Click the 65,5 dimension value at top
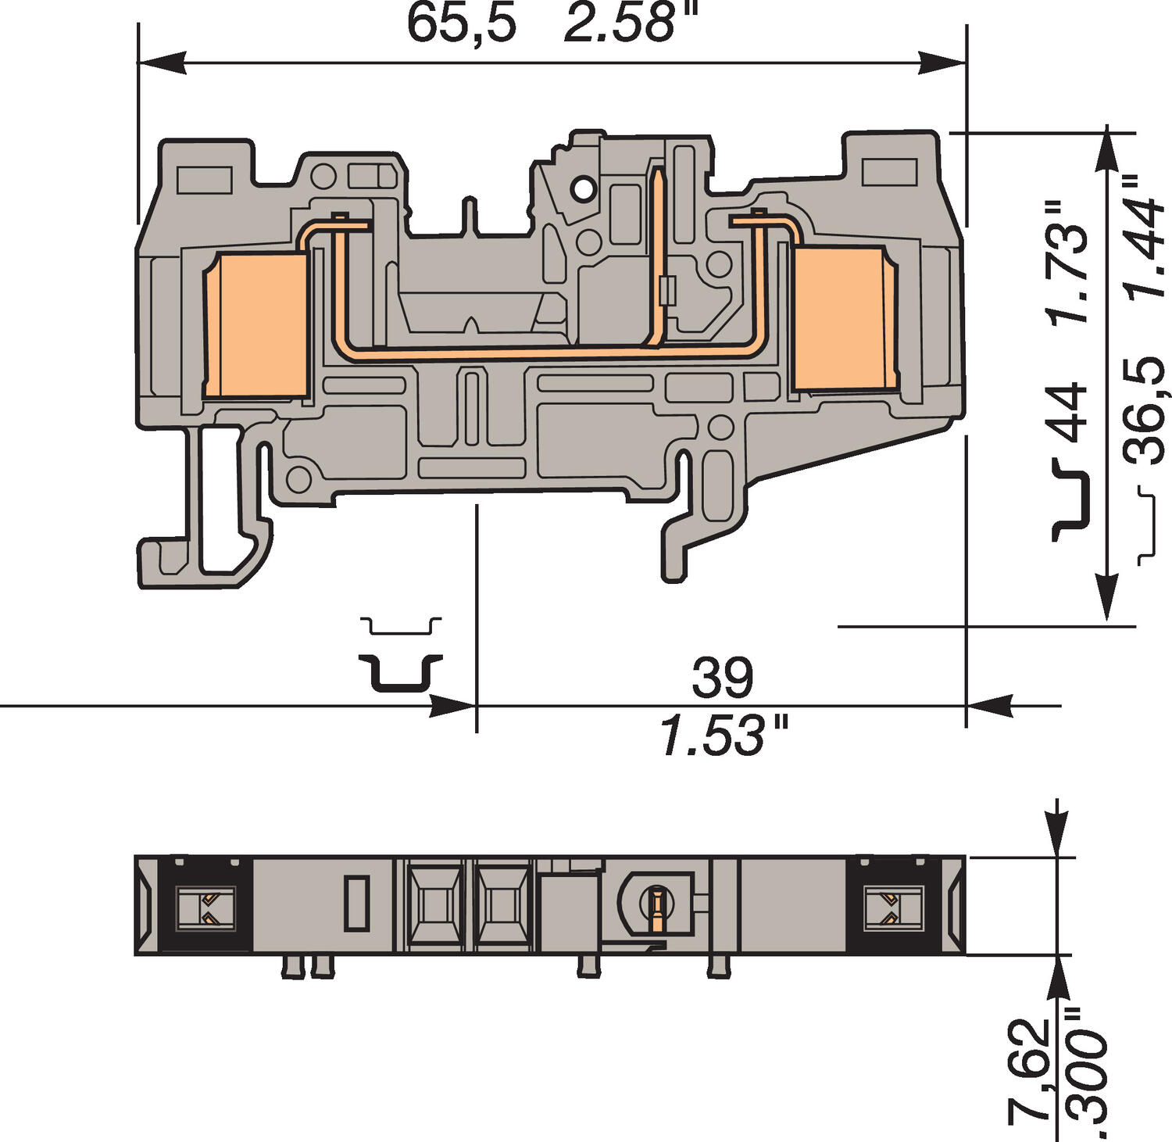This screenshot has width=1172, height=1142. tap(461, 23)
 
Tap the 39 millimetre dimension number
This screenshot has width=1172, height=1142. tap(722, 678)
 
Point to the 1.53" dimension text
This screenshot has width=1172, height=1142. tap(724, 736)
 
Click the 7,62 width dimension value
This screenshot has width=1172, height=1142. tap(1030, 1071)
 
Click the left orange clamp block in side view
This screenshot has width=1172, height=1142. tap(255, 325)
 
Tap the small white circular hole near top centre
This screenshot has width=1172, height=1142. tap(582, 188)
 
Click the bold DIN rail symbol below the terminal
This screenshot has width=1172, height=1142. tap(401, 673)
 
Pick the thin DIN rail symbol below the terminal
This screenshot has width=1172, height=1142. tap(401, 625)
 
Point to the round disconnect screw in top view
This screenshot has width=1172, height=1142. tap(656, 905)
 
